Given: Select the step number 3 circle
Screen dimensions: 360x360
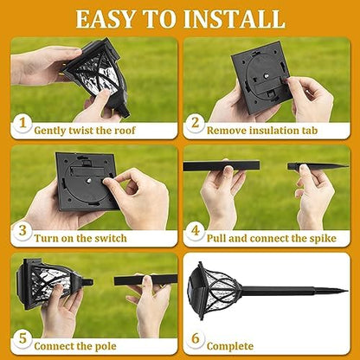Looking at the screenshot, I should click(21, 235).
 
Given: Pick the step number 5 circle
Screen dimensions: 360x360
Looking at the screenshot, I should click(21, 341).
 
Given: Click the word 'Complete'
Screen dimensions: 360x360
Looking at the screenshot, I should click(231, 344).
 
